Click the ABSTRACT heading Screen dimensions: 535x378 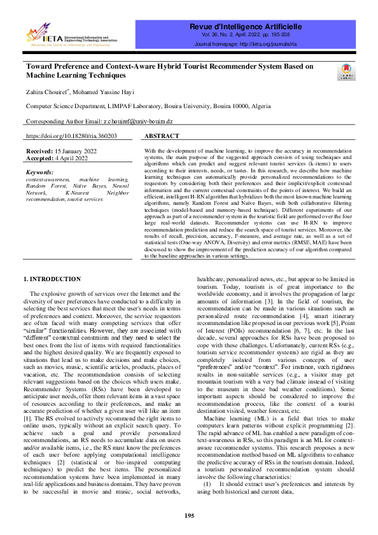click(165, 136)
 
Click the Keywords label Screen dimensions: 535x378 click(40, 172)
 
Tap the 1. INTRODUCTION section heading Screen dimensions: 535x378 click(52, 279)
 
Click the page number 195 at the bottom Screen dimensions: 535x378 click(189, 515)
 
